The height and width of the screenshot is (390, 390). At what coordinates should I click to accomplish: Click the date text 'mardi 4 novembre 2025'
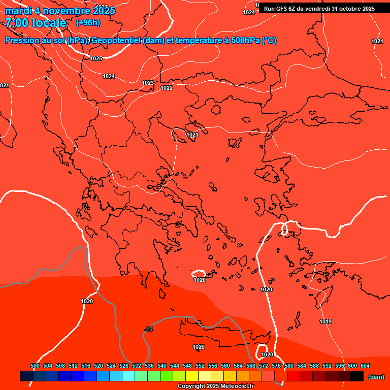tap(60, 11)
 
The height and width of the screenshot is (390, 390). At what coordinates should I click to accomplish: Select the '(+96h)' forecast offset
tap(88, 22)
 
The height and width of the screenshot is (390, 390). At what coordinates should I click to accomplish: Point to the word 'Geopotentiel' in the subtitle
tap(116, 41)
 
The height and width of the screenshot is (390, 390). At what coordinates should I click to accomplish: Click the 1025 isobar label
tap(96, 58)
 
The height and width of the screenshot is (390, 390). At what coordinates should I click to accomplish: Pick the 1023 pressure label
tap(148, 83)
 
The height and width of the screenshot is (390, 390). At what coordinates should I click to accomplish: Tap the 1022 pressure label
tap(167, 88)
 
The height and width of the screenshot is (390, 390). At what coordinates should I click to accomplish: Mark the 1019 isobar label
tap(326, 321)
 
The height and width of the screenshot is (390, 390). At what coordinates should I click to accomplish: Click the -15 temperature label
tap(148, 330)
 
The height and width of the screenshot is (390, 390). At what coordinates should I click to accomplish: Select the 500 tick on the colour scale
tap(35, 366)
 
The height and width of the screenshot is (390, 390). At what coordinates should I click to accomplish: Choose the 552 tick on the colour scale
tap(200, 366)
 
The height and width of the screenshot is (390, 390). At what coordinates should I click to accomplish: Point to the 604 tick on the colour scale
tap(365, 366)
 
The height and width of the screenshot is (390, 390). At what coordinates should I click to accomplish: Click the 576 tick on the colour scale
tap(276, 366)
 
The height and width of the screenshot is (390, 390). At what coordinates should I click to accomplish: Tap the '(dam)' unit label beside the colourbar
tap(376, 377)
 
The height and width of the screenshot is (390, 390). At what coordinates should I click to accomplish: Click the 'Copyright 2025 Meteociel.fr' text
tap(215, 386)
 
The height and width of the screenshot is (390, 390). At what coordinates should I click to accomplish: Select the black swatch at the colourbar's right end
tap(357, 376)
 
